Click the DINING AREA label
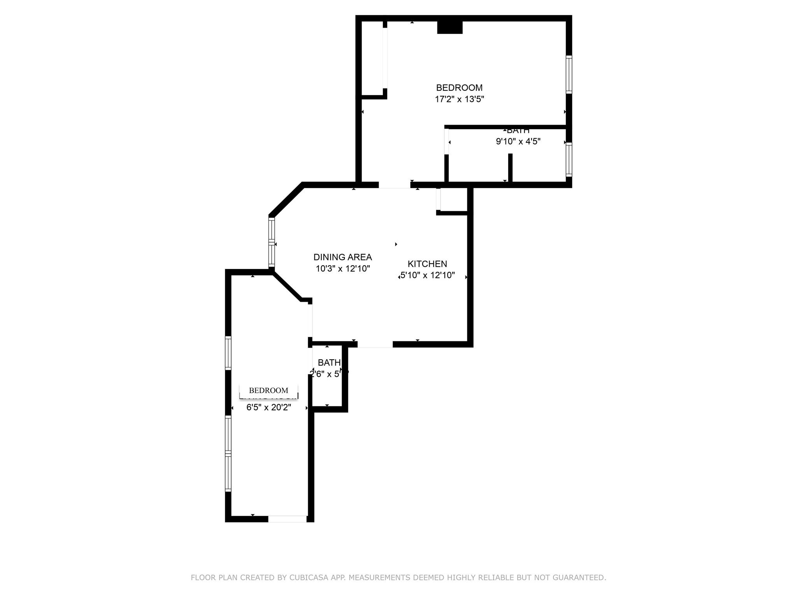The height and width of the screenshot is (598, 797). click(x=342, y=257)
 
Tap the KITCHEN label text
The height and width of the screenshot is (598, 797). click(x=427, y=264)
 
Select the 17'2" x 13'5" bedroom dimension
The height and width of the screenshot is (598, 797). click(x=459, y=99)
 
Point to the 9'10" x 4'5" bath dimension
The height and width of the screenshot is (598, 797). click(x=518, y=141)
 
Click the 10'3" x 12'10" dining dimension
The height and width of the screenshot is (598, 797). click(x=342, y=268)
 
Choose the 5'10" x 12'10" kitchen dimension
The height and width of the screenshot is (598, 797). click(x=427, y=275)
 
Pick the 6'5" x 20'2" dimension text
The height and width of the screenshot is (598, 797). click(x=269, y=408)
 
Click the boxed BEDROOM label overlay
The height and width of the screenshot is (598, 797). click(x=269, y=390)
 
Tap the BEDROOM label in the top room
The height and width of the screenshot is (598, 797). click(x=459, y=88)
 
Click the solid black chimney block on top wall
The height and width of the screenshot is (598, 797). click(x=449, y=27)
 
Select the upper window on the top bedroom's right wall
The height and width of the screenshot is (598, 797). click(x=569, y=74)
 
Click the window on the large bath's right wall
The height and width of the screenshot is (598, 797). click(x=569, y=159)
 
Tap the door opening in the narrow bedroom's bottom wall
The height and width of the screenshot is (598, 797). click(x=287, y=519)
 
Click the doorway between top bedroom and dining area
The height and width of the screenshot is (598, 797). click(x=394, y=185)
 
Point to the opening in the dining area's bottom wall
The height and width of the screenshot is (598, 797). click(x=375, y=344)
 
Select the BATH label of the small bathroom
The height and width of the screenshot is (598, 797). click(x=329, y=362)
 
